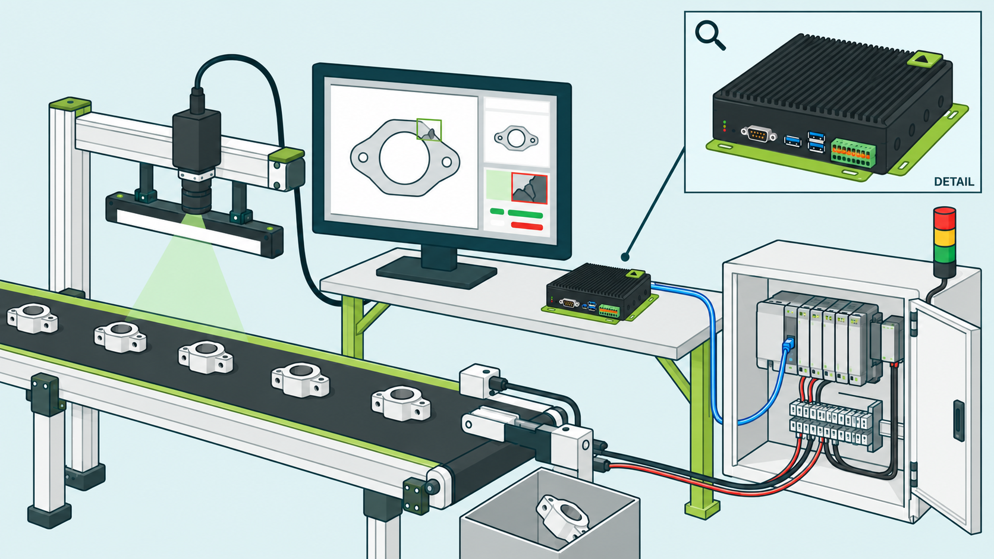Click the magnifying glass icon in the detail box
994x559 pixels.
(709, 35)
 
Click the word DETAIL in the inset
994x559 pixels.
(954, 181)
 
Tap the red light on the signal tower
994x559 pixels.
(945, 217)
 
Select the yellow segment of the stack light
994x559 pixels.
(945, 237)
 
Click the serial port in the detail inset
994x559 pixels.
(759, 134)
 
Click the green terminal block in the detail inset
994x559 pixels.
(853, 153)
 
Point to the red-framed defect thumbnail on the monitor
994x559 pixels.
(529, 188)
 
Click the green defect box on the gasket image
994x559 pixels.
(429, 130)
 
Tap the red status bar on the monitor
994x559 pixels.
(527, 226)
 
